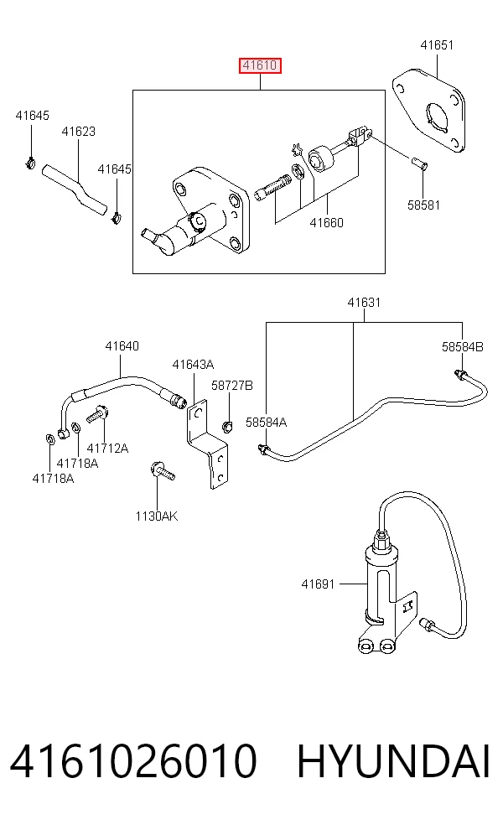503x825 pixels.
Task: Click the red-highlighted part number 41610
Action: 260,65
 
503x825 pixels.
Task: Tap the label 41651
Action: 437,45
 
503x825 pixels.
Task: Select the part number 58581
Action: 423,205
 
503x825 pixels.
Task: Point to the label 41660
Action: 326,222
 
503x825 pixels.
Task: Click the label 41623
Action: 79,132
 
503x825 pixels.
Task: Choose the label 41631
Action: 364,303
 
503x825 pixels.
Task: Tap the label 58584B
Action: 463,347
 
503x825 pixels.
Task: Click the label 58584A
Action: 267,422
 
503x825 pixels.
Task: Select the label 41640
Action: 122,345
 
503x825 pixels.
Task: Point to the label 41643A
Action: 193,365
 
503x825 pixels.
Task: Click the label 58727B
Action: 232,386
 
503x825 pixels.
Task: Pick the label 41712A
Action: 107,449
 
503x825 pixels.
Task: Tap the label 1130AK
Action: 157,516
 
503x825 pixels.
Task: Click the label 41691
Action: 318,584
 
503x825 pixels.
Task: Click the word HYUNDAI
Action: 393,760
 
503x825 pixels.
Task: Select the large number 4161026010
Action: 133,760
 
